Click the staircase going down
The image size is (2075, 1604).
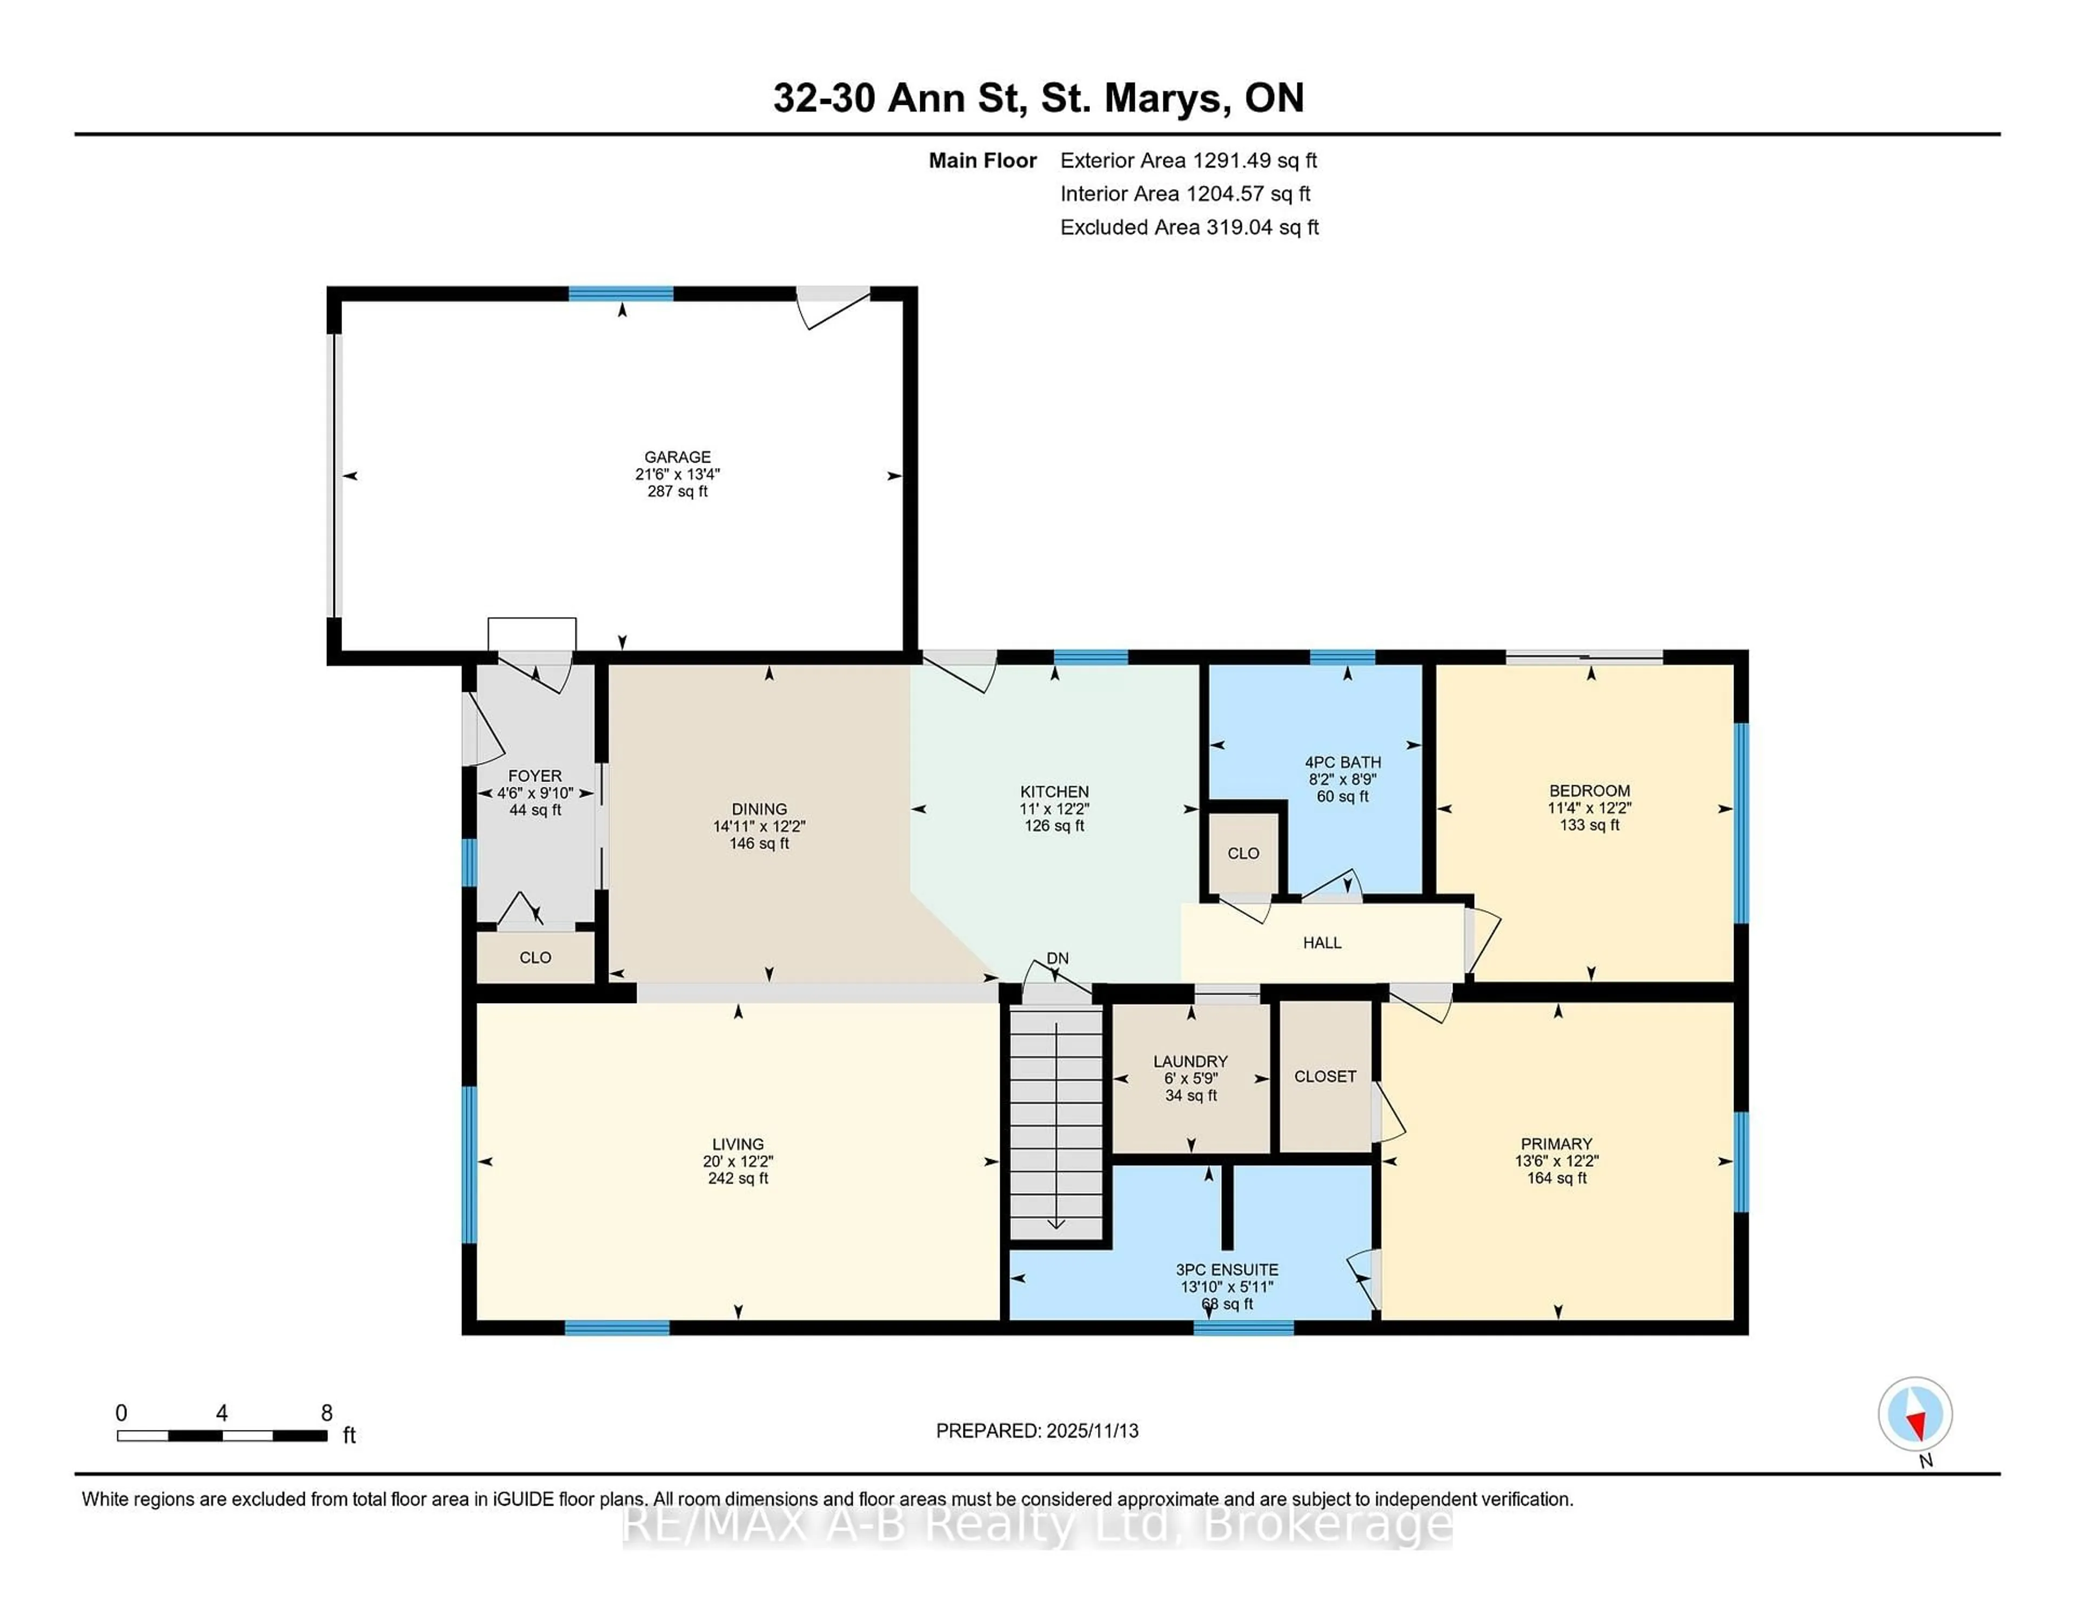1055,1121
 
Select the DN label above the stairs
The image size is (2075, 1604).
1057,958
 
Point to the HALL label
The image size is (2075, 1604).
1322,943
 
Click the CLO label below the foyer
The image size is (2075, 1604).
535,958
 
